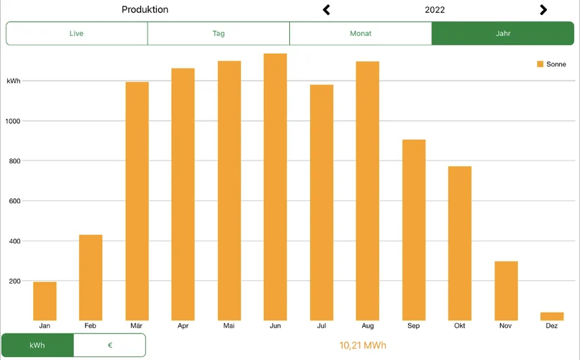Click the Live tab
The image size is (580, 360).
coord(76,34)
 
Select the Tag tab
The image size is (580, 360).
coord(219,34)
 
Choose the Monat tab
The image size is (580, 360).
coord(361,34)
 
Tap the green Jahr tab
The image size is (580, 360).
coord(503,34)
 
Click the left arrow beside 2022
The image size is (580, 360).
coord(327,10)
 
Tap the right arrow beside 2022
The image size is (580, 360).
coord(543,10)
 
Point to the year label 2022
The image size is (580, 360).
coord(435,10)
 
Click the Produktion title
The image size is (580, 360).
coord(145,10)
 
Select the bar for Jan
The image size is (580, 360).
coord(45,301)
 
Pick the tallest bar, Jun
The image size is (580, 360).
coord(275,187)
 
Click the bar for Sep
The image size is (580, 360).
coord(414,230)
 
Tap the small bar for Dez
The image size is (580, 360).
coord(552,316)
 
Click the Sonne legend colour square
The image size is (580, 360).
coord(540,65)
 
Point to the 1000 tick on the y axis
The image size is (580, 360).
coord(14,121)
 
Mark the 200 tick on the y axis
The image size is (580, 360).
coord(14,281)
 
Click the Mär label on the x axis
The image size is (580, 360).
coord(137,326)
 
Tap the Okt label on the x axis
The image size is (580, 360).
coord(460,326)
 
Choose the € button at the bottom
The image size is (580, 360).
coord(109,346)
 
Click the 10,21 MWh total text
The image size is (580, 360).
coord(363,346)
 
